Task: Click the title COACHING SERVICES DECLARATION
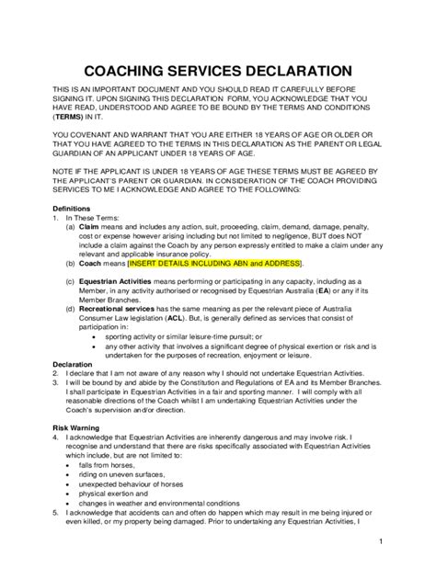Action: [x=217, y=70]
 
